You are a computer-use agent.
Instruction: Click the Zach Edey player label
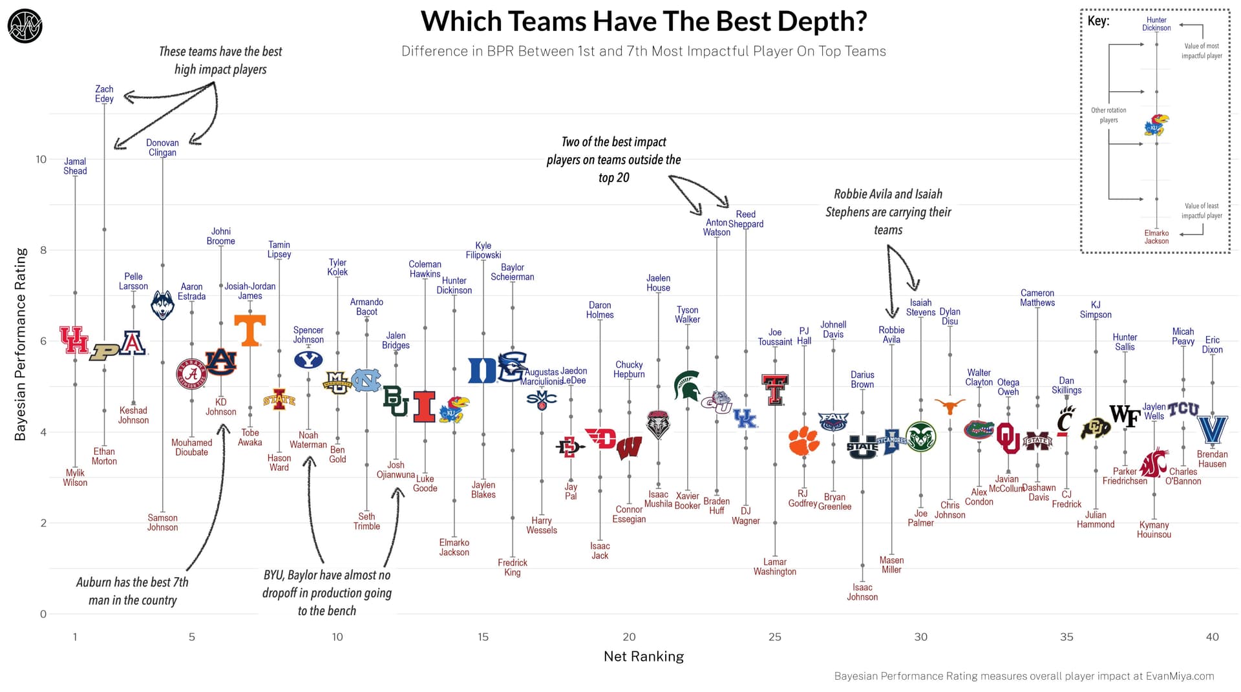pos(104,94)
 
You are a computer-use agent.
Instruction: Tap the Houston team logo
pos(74,340)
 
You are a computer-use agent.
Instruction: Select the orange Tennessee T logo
pos(249,330)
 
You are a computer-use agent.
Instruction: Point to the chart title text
pos(643,21)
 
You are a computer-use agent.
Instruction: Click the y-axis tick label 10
pos(41,159)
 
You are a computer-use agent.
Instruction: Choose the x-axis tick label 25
pos(774,637)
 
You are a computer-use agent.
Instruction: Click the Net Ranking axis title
pos(643,656)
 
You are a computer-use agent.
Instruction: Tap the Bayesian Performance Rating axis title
pos(20,344)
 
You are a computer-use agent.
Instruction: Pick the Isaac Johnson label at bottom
pos(862,592)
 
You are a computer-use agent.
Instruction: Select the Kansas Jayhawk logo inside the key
pos(1156,125)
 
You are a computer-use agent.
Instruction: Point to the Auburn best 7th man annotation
pos(133,591)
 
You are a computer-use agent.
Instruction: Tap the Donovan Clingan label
pos(162,148)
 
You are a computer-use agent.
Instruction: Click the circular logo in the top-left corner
pos(25,26)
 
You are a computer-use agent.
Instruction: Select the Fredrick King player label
pos(512,567)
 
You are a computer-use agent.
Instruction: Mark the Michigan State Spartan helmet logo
pos(686,385)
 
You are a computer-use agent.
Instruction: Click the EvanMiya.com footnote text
pos(1024,676)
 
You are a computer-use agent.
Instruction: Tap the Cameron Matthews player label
pos(1037,298)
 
